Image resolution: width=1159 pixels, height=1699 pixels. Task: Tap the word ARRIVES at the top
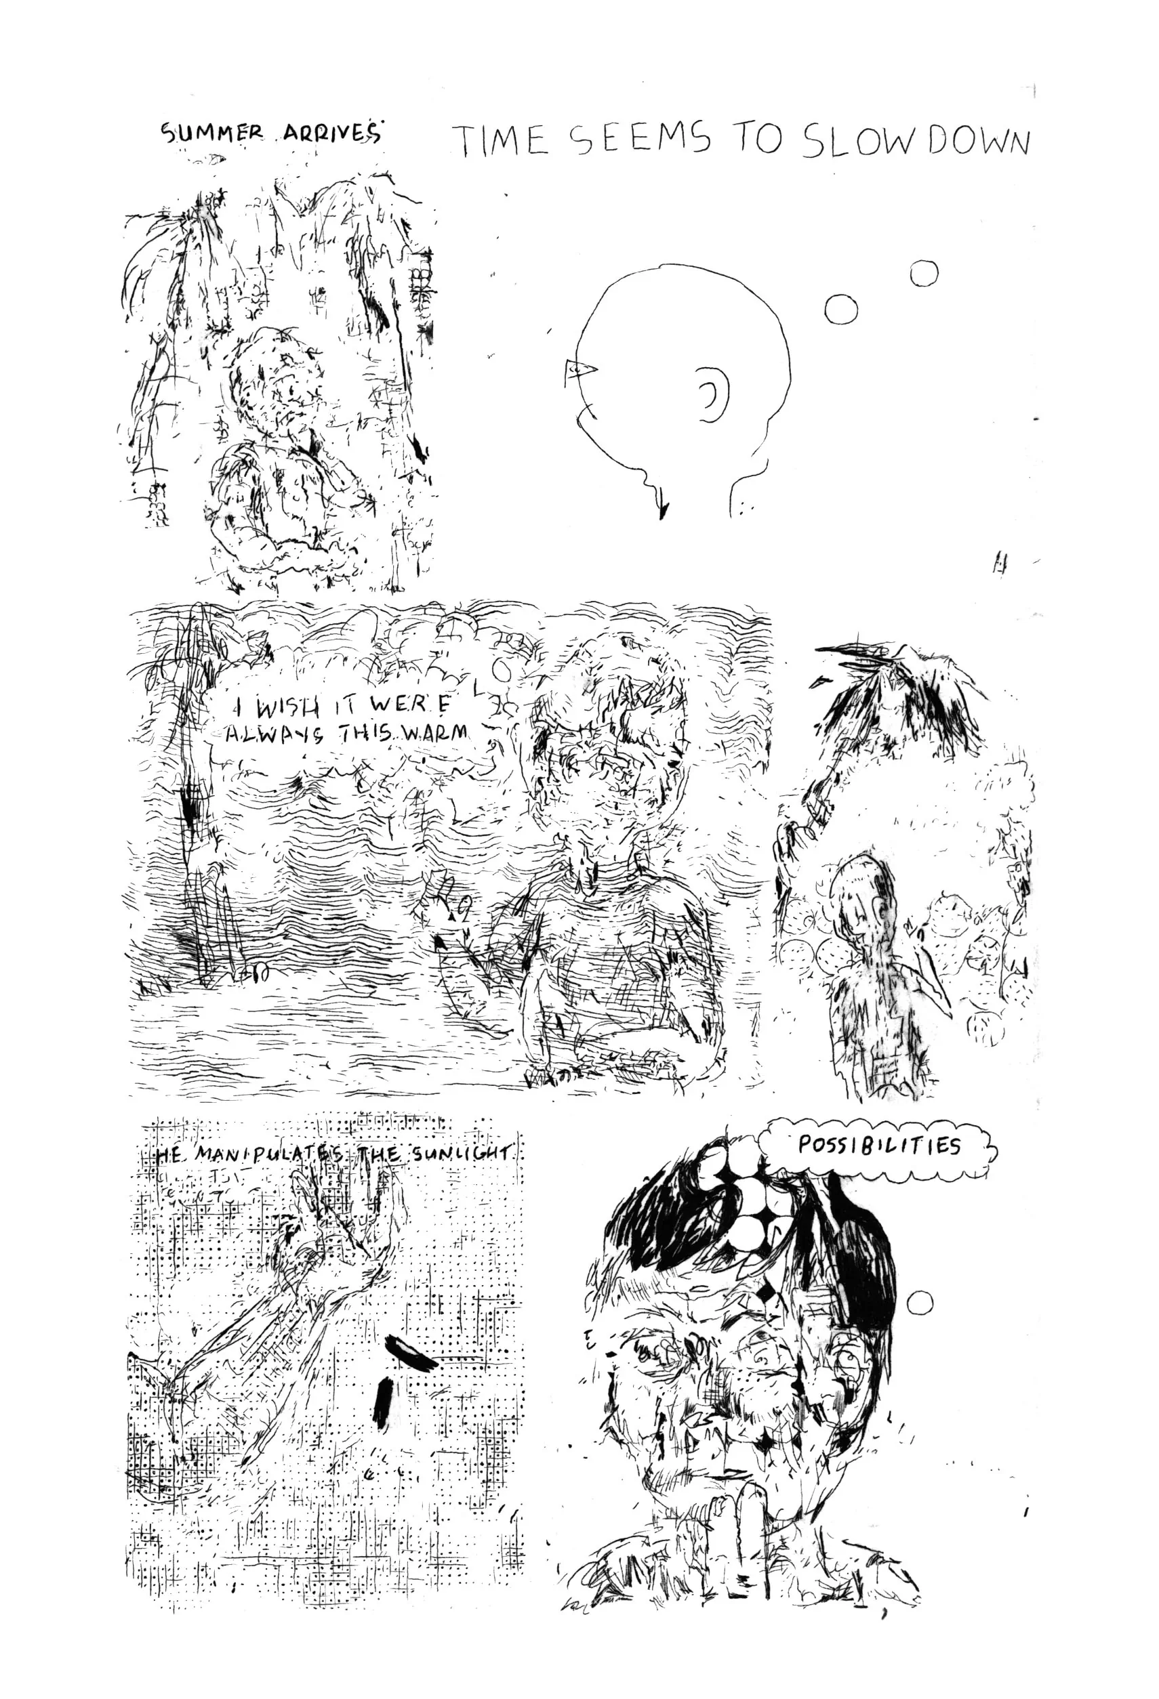(327, 133)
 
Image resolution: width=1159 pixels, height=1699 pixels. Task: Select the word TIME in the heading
(500, 140)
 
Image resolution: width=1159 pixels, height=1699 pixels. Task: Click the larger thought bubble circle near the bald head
(841, 309)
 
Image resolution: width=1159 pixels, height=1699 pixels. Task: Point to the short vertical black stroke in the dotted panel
(382, 1401)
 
